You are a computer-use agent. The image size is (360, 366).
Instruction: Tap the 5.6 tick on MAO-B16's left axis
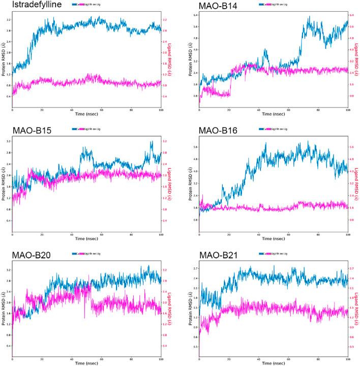pos(194,147)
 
